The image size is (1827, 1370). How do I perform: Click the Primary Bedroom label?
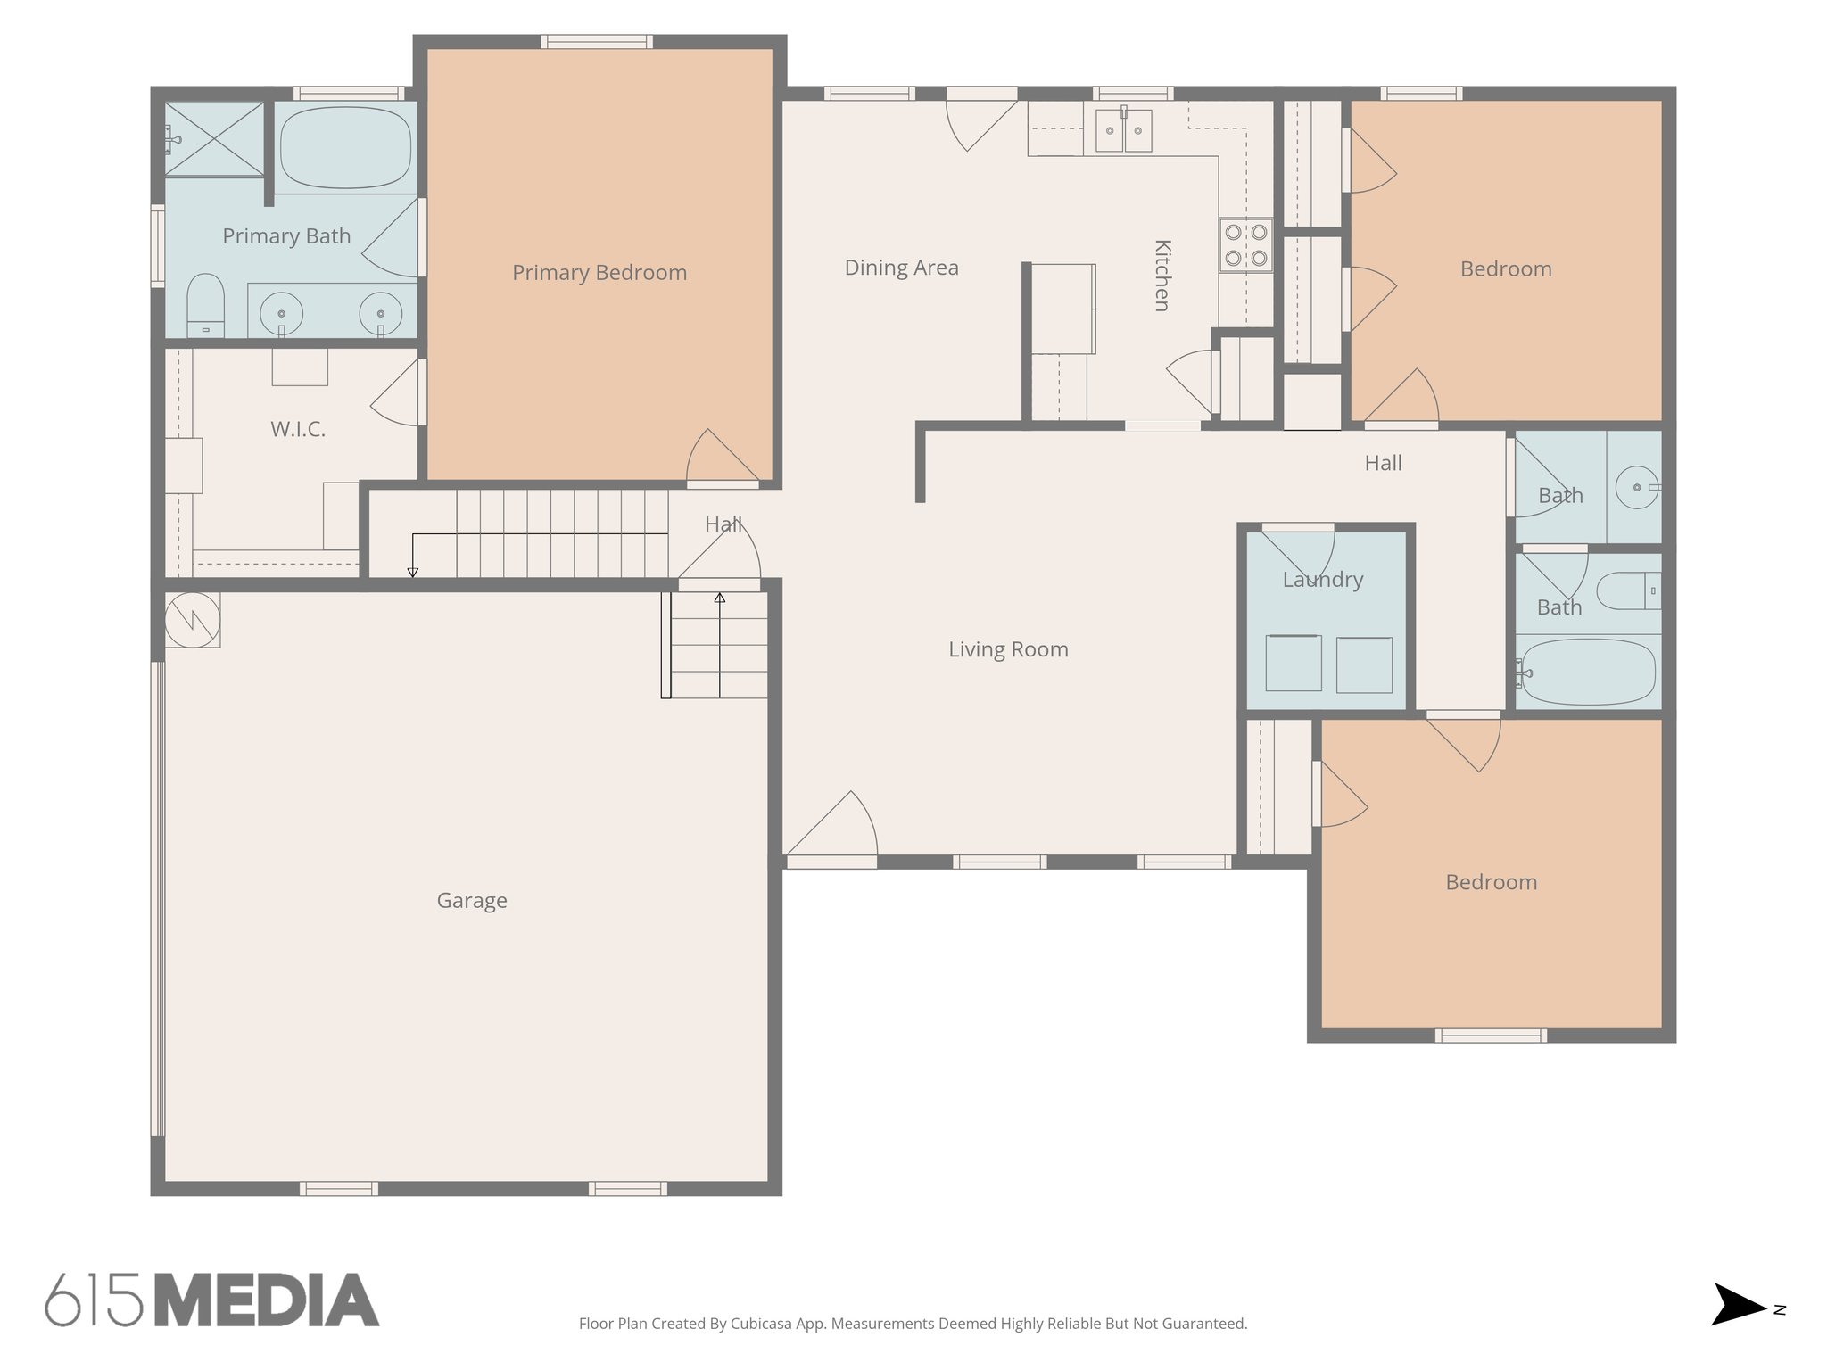pyautogui.click(x=599, y=273)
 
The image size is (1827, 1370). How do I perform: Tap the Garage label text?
pyautogui.click(x=472, y=901)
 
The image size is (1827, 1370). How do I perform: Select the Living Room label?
pyautogui.click(x=1008, y=649)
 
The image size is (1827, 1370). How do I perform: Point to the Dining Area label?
pyautogui.click(x=901, y=268)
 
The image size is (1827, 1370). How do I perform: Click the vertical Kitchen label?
pyautogui.click(x=1162, y=276)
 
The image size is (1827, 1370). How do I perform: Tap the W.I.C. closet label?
pyautogui.click(x=298, y=429)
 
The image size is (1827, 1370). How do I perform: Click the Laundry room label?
pyautogui.click(x=1322, y=580)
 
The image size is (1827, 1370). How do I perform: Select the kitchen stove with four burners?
pyautogui.click(x=1246, y=245)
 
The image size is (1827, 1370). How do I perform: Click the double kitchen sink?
pyautogui.click(x=1123, y=131)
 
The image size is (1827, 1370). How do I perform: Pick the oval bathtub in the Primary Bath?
pyautogui.click(x=345, y=147)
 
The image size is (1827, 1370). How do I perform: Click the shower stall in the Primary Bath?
pyautogui.click(x=215, y=140)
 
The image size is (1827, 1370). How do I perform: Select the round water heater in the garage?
pyautogui.click(x=193, y=619)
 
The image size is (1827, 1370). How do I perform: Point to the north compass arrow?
pyautogui.click(x=1738, y=1309)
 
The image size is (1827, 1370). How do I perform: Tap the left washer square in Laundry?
pyautogui.click(x=1293, y=664)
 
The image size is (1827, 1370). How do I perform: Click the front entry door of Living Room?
pyautogui.click(x=831, y=829)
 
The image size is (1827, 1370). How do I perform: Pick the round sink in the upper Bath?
pyautogui.click(x=1638, y=488)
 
